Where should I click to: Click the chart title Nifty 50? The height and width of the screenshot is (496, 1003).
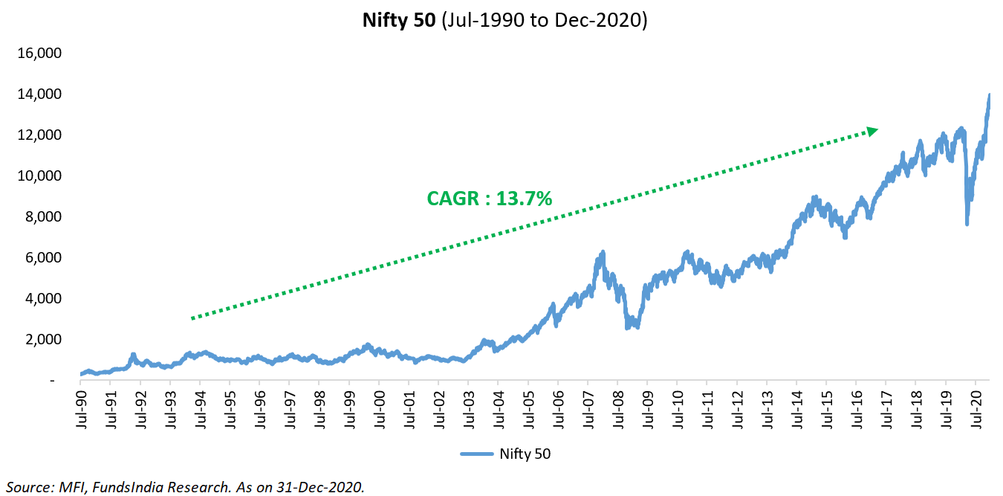pyautogui.click(x=400, y=21)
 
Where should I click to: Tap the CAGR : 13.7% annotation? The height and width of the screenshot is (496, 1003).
pyautogui.click(x=489, y=199)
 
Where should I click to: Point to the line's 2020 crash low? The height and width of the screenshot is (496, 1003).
pyautogui.click(x=967, y=224)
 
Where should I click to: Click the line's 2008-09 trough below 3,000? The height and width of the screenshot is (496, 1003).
pyautogui.click(x=629, y=326)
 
